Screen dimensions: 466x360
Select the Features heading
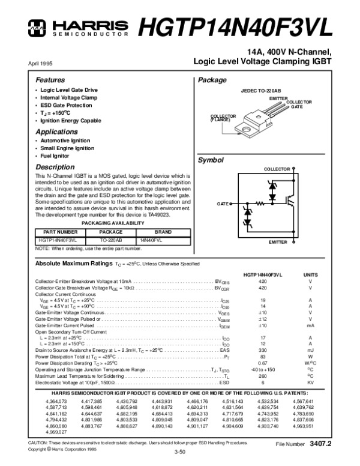50,80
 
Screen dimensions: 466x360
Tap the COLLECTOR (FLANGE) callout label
221,117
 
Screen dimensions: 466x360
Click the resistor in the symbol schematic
260,204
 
